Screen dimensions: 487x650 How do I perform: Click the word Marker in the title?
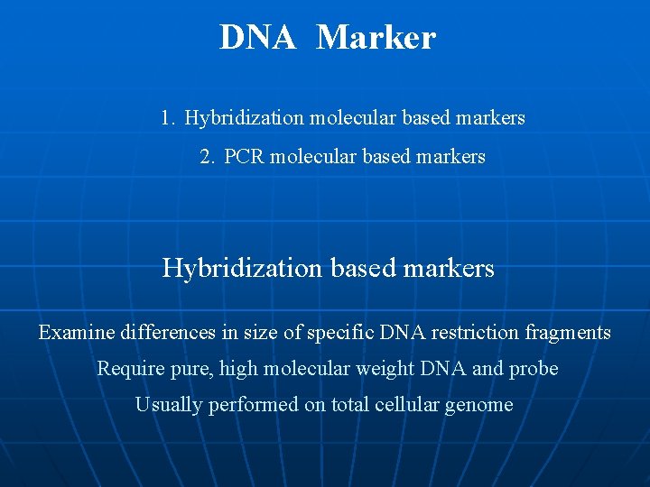point(376,38)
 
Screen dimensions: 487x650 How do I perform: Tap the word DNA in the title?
point(257,38)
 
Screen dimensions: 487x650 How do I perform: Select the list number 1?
point(166,118)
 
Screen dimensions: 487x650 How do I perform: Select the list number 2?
point(206,157)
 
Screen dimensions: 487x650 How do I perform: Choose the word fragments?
point(566,333)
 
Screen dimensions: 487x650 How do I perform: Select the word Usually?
point(169,405)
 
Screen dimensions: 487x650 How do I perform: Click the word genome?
point(478,405)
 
